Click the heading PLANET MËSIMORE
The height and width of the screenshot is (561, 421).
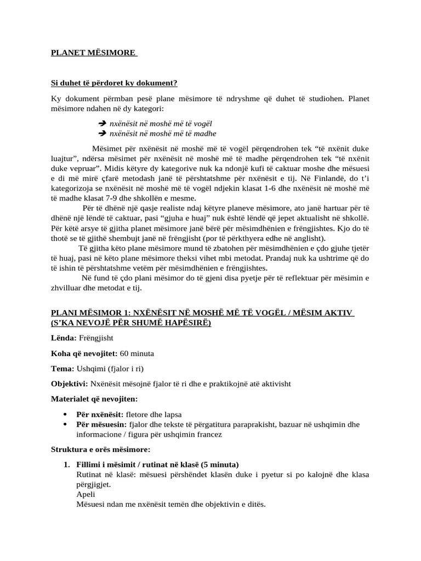pyautogui.click(x=93, y=53)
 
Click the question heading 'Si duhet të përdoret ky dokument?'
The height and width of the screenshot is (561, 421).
pyautogui.click(x=114, y=83)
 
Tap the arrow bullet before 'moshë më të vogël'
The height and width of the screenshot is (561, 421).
pyautogui.click(x=101, y=124)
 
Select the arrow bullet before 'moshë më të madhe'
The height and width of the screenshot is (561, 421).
pyautogui.click(x=101, y=133)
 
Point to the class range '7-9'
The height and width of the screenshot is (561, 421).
pyautogui.click(x=96, y=198)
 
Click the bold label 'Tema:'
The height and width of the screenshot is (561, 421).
pyautogui.click(x=63, y=369)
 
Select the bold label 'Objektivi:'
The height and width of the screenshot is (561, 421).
pyautogui.click(x=70, y=383)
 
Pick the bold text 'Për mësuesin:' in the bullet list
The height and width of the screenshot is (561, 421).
pyautogui.click(x=101, y=425)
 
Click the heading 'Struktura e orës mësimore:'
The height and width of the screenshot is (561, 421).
pyautogui.click(x=100, y=450)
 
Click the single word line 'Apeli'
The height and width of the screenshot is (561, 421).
pyautogui.click(x=86, y=494)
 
